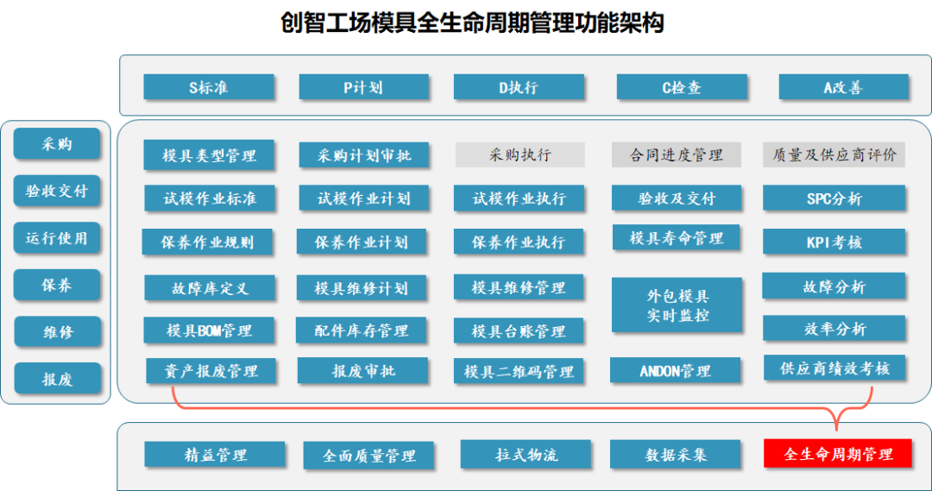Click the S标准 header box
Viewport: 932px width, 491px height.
pos(209,87)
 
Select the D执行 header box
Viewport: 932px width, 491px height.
pos(519,87)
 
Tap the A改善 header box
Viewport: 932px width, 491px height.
pos(843,87)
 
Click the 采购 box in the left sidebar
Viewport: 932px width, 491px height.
pos(57,144)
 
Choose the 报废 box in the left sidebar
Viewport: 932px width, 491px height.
pos(57,379)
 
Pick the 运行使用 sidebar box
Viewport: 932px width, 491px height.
pos(57,238)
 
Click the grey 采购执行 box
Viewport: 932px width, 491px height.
pos(520,155)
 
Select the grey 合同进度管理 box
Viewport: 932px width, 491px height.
pos(676,155)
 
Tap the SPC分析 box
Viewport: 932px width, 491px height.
pos(834,198)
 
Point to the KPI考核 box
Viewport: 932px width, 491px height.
pos(834,242)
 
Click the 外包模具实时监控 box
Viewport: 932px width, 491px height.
pos(677,305)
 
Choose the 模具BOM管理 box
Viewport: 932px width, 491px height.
pos(209,330)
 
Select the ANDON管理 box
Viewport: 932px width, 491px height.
pos(675,371)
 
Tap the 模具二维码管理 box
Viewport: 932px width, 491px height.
pos(519,372)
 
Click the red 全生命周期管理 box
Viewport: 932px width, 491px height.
pos(837,454)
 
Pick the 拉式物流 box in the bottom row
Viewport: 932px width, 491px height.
pos(526,454)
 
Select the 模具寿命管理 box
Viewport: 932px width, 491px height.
pos(676,237)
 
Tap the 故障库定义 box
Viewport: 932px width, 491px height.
pos(209,288)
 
